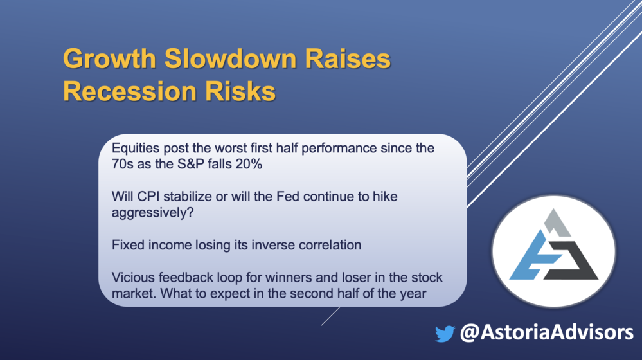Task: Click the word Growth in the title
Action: coord(109,59)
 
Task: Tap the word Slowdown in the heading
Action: coord(231,59)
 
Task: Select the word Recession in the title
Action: coord(130,91)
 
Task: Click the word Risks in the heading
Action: coord(240,91)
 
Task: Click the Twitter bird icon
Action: coord(445,334)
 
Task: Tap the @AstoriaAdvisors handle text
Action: coord(547,332)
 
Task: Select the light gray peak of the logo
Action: coord(557,223)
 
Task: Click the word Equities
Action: coord(136,148)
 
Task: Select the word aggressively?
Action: coord(153,213)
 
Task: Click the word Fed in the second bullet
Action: coord(289,197)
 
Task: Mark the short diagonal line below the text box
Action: coord(331,316)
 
